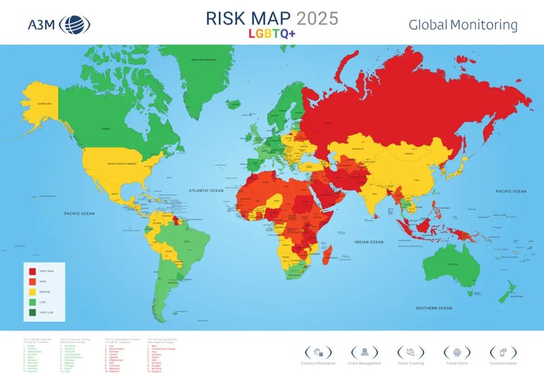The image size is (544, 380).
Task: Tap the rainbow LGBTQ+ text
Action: point(271,33)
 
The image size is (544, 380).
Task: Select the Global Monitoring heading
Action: point(463,25)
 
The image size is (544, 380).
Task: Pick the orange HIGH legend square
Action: point(32,282)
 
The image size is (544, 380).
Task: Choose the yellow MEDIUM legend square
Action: point(32,292)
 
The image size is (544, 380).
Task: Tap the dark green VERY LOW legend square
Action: point(32,311)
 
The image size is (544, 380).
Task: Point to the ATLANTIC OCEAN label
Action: point(206,190)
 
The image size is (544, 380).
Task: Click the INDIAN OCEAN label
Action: point(369,242)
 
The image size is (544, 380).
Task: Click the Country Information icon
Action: point(317,352)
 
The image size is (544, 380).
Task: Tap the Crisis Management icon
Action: point(364,352)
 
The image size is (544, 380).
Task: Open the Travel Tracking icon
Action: point(411,352)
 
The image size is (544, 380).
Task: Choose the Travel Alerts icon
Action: point(457,352)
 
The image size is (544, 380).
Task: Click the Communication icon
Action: point(504,352)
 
